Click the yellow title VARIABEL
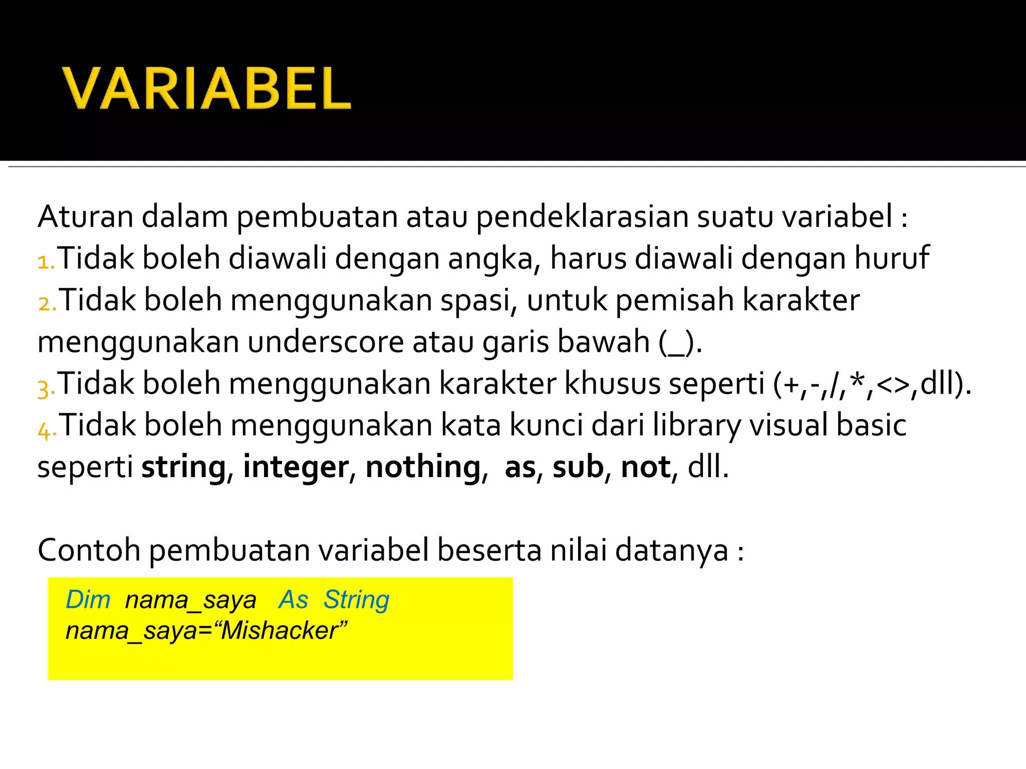pyautogui.click(x=206, y=88)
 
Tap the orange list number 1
pyautogui.click(x=45, y=261)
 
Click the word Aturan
pyautogui.click(x=85, y=216)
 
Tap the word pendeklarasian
pyautogui.click(x=582, y=217)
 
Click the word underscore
pyautogui.click(x=326, y=342)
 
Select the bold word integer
pyautogui.click(x=296, y=468)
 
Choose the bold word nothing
pyautogui.click(x=423, y=467)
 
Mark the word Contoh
pyautogui.click(x=89, y=550)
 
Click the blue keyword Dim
pyautogui.click(x=88, y=599)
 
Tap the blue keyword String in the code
pyautogui.click(x=356, y=600)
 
